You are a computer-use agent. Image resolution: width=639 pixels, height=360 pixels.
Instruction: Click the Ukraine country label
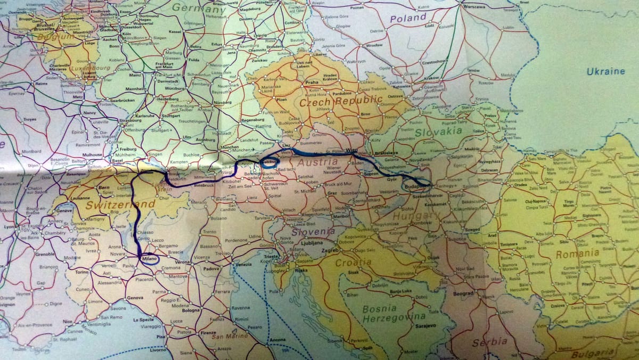(x=606, y=71)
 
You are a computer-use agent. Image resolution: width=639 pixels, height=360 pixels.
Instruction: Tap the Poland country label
(x=408, y=18)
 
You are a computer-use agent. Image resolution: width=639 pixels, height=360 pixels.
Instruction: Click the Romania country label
(x=577, y=253)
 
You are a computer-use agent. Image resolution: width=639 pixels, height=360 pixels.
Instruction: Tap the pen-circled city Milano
(x=150, y=259)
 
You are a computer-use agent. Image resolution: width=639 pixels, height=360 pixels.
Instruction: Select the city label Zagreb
(x=330, y=250)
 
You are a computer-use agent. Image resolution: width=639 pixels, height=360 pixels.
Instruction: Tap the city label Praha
(x=312, y=83)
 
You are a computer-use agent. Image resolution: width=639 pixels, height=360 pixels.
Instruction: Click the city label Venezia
(x=243, y=265)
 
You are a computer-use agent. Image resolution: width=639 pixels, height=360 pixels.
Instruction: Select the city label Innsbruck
(x=204, y=185)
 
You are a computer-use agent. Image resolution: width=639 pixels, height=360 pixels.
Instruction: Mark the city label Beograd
(x=448, y=293)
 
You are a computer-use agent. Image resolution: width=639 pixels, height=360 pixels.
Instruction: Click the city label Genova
(x=135, y=298)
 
